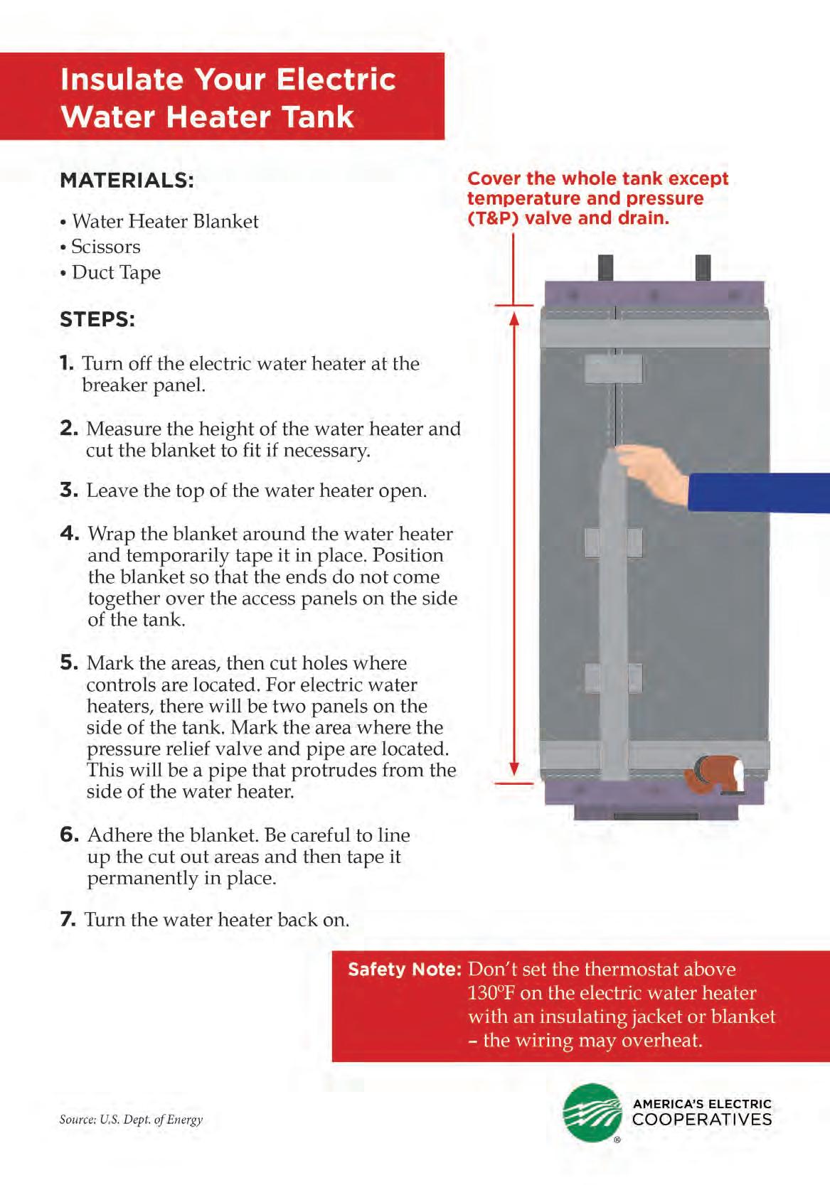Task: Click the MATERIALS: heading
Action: [x=127, y=180]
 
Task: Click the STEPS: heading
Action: [x=97, y=319]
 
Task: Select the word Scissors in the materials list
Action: [x=106, y=247]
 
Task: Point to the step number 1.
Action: [x=67, y=363]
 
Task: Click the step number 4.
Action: [x=70, y=533]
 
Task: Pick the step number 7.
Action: [x=68, y=919]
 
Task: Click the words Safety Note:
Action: [x=404, y=970]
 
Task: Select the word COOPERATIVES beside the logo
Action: [x=701, y=1120]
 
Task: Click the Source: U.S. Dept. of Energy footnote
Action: [x=131, y=1120]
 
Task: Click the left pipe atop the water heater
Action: [x=606, y=268]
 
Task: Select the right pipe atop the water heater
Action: [x=703, y=268]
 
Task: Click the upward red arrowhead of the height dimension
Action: [x=514, y=318]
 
